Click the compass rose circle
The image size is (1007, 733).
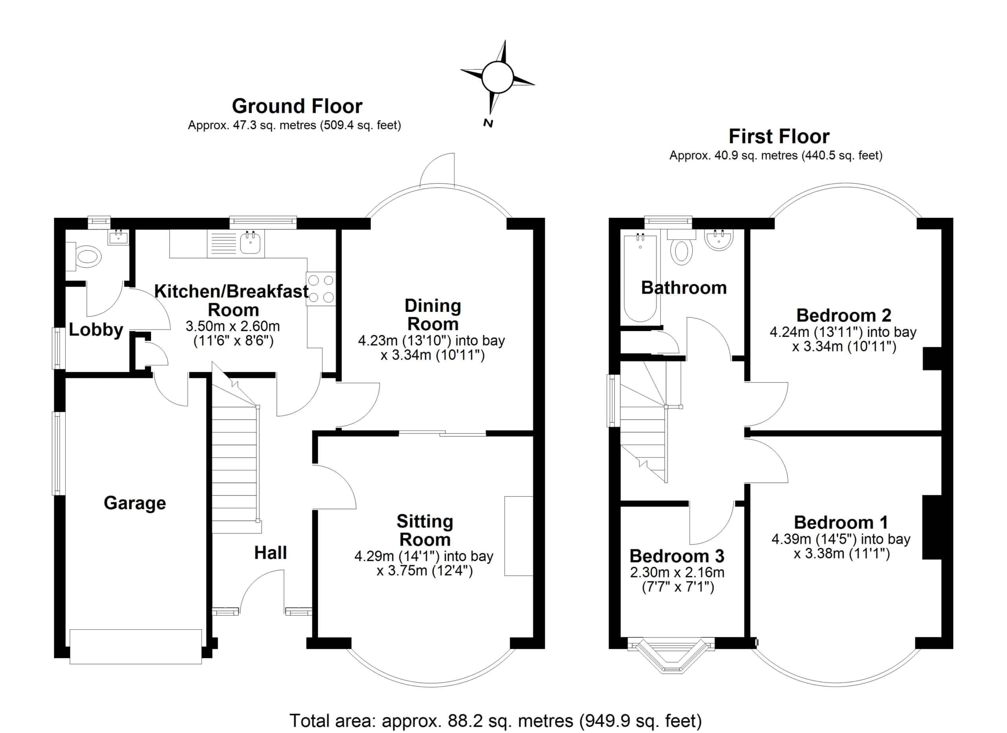click(497, 77)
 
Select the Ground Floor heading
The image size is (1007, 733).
click(297, 106)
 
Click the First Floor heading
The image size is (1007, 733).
click(779, 136)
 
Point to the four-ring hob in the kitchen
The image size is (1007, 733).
click(321, 288)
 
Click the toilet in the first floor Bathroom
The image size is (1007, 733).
click(681, 251)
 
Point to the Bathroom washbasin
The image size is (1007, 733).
click(718, 240)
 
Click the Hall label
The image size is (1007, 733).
click(270, 553)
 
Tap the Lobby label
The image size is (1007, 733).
click(96, 329)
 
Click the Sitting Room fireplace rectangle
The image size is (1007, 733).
click(518, 536)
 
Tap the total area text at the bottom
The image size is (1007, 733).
click(496, 720)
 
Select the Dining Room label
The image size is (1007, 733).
click(433, 315)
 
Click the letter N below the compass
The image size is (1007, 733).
click(488, 124)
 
